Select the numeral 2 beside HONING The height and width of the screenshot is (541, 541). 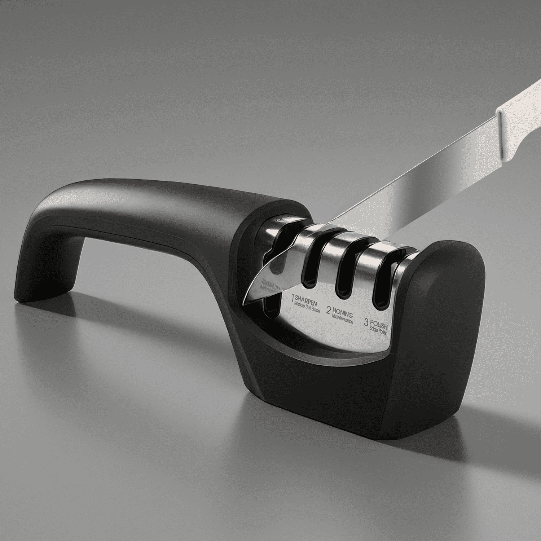(x=329, y=309)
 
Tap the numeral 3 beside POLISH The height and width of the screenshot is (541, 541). (x=367, y=322)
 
